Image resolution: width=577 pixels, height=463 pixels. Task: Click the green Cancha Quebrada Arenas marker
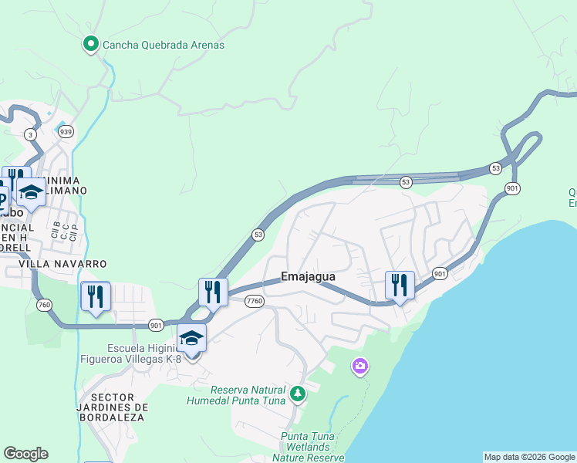click(x=90, y=45)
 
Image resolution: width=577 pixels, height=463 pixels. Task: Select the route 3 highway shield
click(x=30, y=134)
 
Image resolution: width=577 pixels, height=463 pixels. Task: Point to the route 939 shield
click(x=66, y=132)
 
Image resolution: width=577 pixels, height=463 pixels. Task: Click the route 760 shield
click(x=43, y=306)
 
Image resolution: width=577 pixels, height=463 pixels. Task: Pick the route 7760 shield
click(x=255, y=301)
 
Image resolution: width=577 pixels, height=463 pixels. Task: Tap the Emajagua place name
click(x=308, y=276)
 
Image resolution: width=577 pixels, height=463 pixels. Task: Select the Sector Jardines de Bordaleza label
click(x=112, y=407)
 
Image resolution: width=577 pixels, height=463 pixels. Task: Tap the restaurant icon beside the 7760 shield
click(x=213, y=292)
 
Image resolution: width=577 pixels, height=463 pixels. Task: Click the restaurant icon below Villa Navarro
click(x=96, y=296)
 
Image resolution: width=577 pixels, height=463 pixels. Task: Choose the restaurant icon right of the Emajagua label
click(x=400, y=286)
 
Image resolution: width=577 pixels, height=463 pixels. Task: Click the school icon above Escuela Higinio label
click(x=192, y=338)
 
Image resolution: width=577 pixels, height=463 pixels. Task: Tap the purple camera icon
click(x=359, y=366)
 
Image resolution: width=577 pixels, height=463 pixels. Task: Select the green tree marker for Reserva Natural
click(x=298, y=395)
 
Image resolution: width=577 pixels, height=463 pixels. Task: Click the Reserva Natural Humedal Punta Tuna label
click(x=237, y=395)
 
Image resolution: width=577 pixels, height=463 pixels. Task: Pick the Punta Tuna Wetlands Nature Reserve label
click(x=308, y=447)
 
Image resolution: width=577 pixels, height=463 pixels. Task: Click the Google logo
click(x=25, y=454)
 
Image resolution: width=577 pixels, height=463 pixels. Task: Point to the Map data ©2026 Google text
click(x=529, y=457)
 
